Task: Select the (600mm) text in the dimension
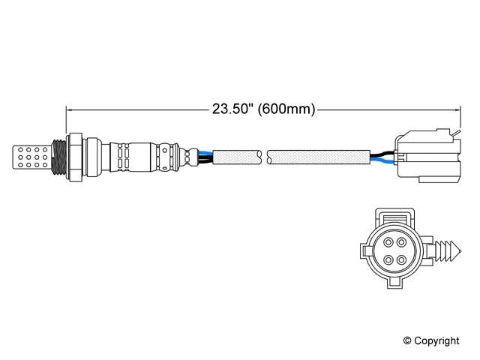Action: point(286,109)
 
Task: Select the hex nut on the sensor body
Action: point(74,156)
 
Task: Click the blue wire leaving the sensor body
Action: point(204,152)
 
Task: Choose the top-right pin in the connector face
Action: point(401,241)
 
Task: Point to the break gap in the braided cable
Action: point(265,157)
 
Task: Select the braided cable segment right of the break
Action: point(319,157)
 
